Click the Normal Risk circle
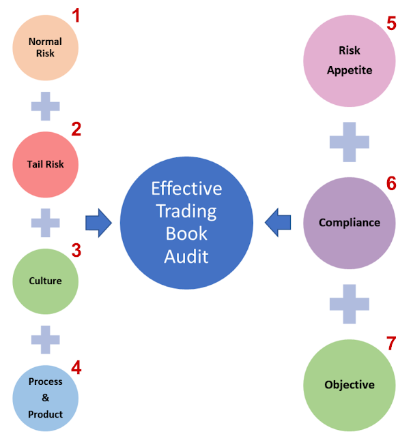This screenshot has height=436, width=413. pyautogui.click(x=46, y=48)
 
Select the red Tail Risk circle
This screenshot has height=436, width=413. pyautogui.click(x=46, y=164)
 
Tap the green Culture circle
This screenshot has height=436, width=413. pyautogui.click(x=46, y=281)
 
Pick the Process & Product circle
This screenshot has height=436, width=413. pyautogui.click(x=46, y=398)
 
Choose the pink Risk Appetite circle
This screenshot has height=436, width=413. pyautogui.click(x=350, y=60)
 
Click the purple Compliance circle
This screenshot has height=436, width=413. pyautogui.click(x=350, y=223)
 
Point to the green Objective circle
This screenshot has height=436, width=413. pyautogui.click(x=350, y=385)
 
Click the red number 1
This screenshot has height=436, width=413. pyautogui.click(x=76, y=15)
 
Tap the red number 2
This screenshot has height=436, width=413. pyautogui.click(x=76, y=130)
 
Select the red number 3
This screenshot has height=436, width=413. pyautogui.click(x=76, y=250)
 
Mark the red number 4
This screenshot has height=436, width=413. pyautogui.click(x=76, y=368)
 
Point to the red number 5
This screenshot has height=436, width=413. pyautogui.click(x=391, y=23)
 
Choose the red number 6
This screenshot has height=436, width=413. pyautogui.click(x=391, y=183)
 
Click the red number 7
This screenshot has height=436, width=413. pyautogui.click(x=391, y=344)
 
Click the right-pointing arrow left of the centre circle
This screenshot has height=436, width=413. pyautogui.click(x=98, y=223)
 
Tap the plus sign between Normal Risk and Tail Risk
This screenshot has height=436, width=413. pyautogui.click(x=46, y=106)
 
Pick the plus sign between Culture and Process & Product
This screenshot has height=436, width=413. pyautogui.click(x=46, y=339)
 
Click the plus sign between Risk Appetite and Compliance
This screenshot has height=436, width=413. pyautogui.click(x=350, y=142)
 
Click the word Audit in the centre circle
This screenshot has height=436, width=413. pyautogui.click(x=186, y=256)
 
